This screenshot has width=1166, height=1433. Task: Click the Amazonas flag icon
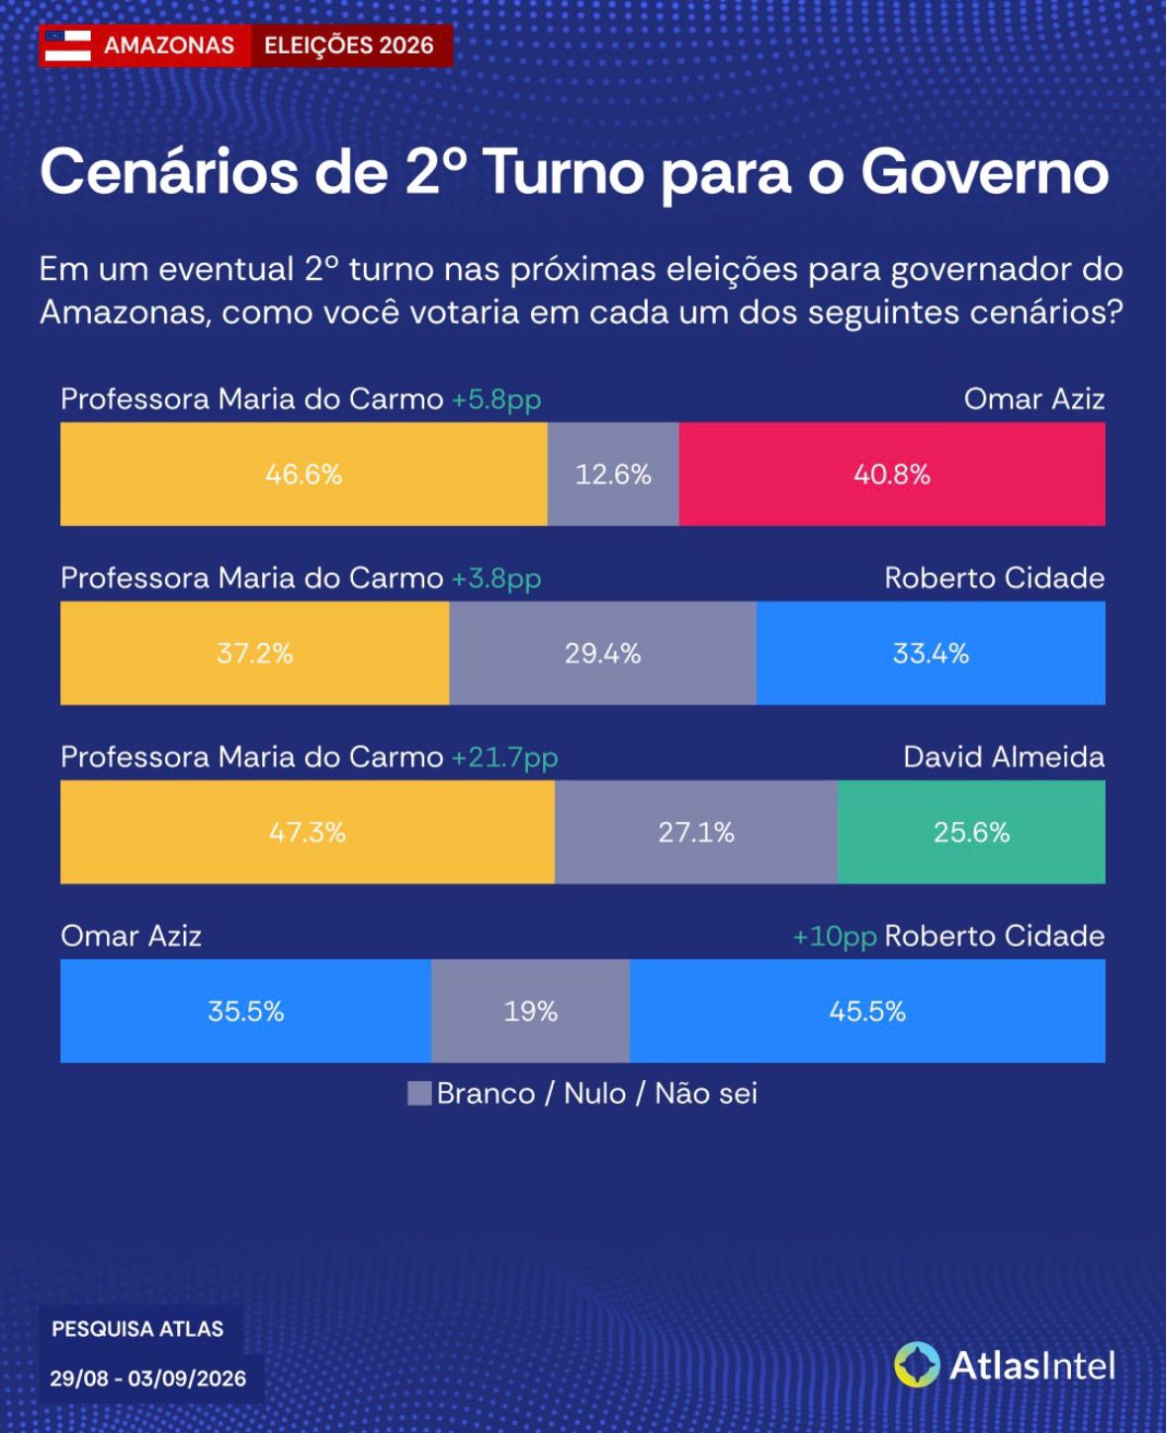click(x=67, y=45)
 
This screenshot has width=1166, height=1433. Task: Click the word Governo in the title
click(x=984, y=172)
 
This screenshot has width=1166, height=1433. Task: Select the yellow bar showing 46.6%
click(x=304, y=475)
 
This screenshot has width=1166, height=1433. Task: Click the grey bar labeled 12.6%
click(x=613, y=475)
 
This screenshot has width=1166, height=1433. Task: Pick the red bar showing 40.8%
click(x=892, y=475)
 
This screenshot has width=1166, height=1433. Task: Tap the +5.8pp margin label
click(x=496, y=401)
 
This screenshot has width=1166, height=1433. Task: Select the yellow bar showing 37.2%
click(x=254, y=654)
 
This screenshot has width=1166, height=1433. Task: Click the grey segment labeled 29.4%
click(x=603, y=654)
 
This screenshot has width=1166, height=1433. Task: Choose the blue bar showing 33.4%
click(x=931, y=654)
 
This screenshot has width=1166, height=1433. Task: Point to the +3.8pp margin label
click(x=496, y=580)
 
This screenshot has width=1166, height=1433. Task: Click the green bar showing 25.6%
click(x=971, y=833)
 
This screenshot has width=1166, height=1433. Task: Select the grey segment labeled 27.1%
click(x=696, y=833)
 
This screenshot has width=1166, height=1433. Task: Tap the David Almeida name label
click(x=1004, y=758)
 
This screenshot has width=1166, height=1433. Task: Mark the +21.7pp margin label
click(x=504, y=759)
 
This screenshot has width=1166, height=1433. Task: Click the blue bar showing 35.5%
click(x=245, y=1011)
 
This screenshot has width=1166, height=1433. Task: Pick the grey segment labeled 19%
click(x=530, y=1011)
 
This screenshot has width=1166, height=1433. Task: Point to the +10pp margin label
click(x=835, y=938)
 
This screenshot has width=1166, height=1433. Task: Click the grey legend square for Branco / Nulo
click(x=419, y=1093)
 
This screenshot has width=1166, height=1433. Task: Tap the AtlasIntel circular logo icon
click(x=917, y=1365)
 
